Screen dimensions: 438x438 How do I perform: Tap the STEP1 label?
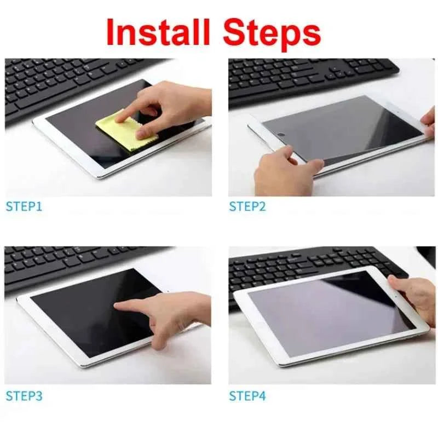24,206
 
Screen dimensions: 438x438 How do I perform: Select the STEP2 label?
247,206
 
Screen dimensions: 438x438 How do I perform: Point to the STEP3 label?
24,395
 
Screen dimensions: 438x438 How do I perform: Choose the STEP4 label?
247,395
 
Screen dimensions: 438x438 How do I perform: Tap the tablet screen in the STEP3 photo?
88,312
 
